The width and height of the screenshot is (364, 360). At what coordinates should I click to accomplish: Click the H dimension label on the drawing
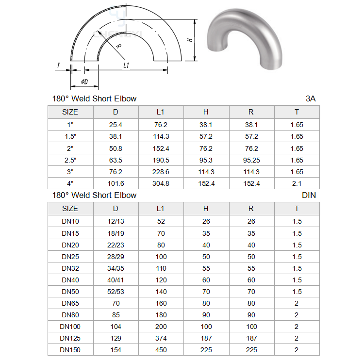click(190, 40)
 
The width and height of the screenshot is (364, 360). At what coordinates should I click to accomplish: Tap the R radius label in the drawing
click(118, 46)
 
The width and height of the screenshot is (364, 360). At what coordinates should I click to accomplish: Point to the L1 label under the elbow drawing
click(126, 65)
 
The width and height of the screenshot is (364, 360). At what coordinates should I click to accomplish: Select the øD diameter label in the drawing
click(85, 82)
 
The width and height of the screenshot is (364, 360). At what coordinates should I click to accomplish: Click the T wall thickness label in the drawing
click(58, 65)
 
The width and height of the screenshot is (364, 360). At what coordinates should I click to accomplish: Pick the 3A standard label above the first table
click(311, 98)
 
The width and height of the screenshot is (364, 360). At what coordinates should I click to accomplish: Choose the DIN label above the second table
click(309, 195)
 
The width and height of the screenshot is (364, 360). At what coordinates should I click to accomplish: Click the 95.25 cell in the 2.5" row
click(251, 160)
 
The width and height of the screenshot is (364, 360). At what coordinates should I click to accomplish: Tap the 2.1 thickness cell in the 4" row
click(297, 183)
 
